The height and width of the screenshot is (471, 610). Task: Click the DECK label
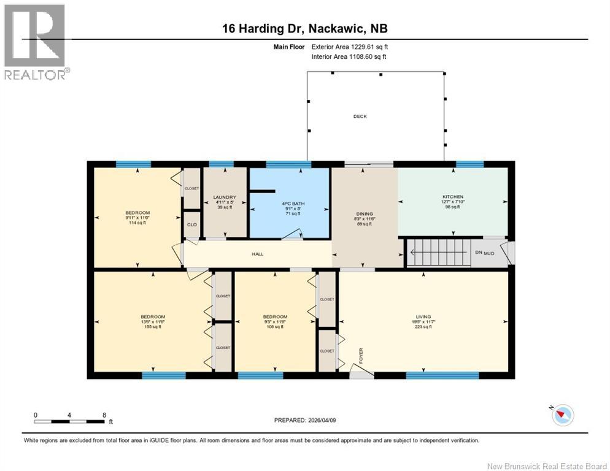[x=360, y=117]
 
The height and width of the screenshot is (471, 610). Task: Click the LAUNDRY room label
[x=224, y=197]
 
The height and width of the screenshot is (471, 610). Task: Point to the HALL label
[x=257, y=253]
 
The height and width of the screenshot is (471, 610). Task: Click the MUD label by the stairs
[x=489, y=253]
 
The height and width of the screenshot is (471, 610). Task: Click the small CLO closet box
[x=192, y=225]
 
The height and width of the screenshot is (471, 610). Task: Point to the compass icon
[x=562, y=416]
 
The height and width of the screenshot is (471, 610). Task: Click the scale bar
[x=69, y=421]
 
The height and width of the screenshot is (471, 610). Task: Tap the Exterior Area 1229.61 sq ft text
[x=350, y=46]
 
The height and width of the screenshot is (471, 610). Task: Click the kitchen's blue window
[x=470, y=164]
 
